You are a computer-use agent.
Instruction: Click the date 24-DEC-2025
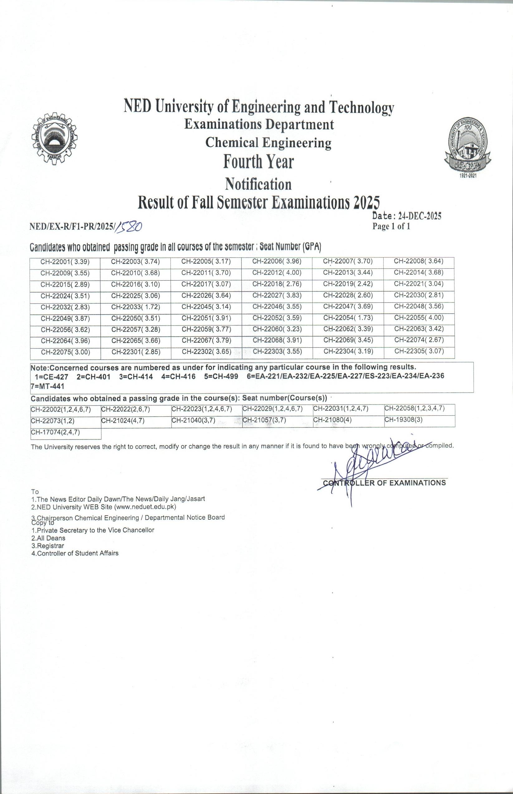[x=419, y=216]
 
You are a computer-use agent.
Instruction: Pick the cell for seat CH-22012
[x=277, y=273]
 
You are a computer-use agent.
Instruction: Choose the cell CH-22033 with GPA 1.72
[x=136, y=307]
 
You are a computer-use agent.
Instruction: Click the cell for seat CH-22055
[x=419, y=318]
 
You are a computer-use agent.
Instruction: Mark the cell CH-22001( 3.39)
[x=65, y=262]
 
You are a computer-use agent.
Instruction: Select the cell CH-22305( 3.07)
[x=419, y=351]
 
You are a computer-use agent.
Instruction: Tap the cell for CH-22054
[x=348, y=318]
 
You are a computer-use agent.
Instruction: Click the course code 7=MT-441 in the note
[x=47, y=386]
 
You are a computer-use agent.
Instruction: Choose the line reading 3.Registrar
[x=48, y=546]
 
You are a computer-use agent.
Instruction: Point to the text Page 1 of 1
[x=391, y=226]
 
